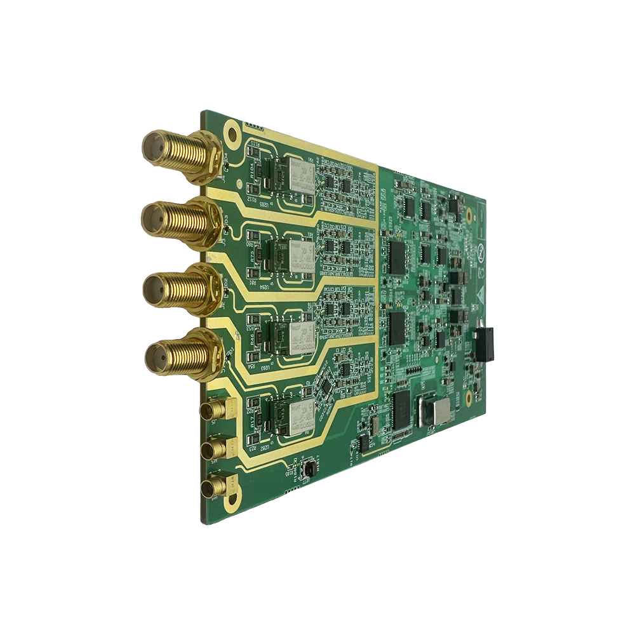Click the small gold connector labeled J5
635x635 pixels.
tap(215, 411)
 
